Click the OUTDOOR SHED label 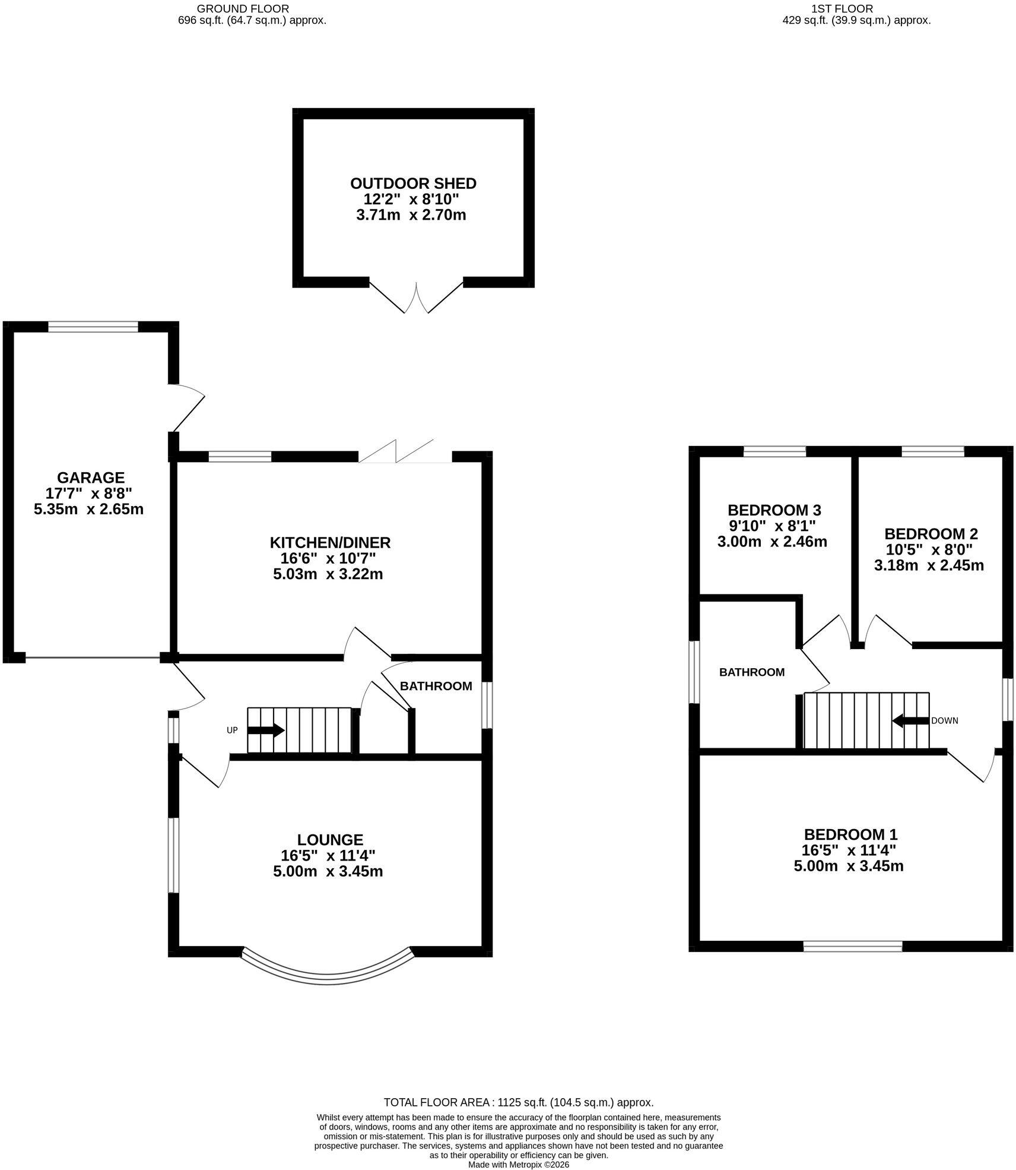[413, 184]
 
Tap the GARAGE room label [91, 478]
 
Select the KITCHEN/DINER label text [331, 543]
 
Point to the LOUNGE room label [330, 840]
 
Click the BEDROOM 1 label [847, 834]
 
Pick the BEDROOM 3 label [774, 510]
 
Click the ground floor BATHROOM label [436, 686]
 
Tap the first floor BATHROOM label [752, 672]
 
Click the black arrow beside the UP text [266, 730]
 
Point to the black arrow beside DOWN [910, 721]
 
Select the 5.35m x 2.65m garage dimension [89, 509]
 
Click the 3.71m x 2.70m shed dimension [411, 215]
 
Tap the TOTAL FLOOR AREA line [519, 1102]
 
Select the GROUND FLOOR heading [243, 8]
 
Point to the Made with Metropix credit [519, 1165]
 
